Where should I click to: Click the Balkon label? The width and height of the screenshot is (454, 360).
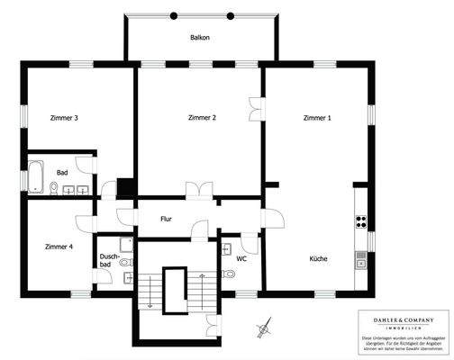coord(200,38)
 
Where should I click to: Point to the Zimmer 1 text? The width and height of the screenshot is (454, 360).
coord(317,118)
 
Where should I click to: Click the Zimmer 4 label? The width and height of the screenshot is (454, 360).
coord(59,246)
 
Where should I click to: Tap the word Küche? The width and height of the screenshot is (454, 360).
coord(317,259)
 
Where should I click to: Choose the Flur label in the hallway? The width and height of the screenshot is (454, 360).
coord(166,219)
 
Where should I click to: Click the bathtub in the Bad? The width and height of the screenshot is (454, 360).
coord(36,176)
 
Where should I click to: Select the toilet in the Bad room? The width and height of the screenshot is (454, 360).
coord(54,188)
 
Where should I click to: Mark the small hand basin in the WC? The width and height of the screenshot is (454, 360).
coord(224,247)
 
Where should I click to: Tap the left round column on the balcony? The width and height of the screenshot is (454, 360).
coord(175,15)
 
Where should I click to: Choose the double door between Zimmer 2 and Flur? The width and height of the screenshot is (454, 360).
coord(197,190)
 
